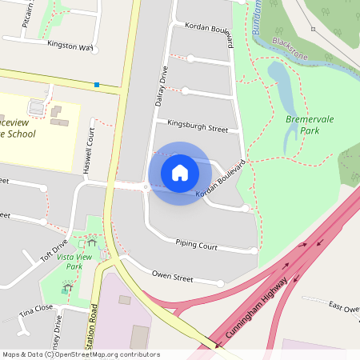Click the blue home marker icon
click(180, 173)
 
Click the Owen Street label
click(173, 277)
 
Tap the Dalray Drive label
click(158, 86)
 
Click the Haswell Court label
click(89, 153)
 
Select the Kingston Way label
click(70, 46)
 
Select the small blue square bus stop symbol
click(97, 84)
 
